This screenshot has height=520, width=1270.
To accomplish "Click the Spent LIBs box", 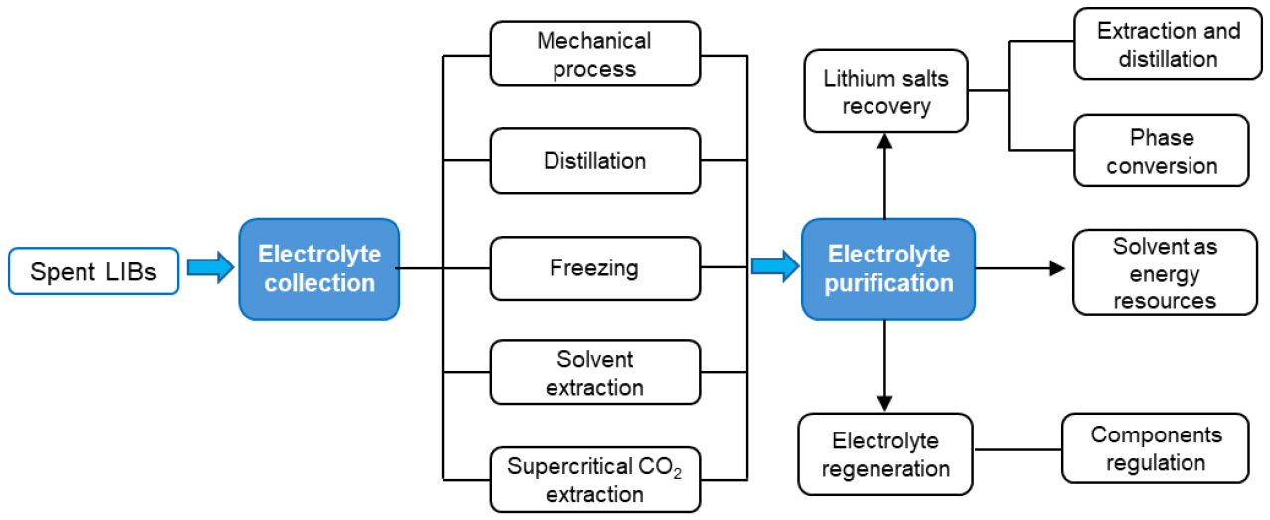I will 93,271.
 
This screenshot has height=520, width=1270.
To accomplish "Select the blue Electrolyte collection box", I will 319,268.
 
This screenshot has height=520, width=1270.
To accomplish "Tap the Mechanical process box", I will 594,55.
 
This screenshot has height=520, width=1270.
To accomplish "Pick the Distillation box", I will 594,160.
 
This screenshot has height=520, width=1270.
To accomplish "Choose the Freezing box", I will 594,268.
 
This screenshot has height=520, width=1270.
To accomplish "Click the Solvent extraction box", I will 594,373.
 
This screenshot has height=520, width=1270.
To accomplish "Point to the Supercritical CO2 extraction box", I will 594,480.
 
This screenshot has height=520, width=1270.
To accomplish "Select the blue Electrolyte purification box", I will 888,268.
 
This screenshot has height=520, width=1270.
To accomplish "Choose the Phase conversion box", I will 1161,151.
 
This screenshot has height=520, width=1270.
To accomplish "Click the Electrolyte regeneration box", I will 884,454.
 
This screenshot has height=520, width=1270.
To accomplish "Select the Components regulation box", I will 1156,448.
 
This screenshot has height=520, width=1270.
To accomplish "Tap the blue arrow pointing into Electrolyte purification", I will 774,266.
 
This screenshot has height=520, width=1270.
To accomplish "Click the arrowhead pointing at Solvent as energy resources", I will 1057,268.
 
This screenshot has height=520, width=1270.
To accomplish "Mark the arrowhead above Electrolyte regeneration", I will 884,402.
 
